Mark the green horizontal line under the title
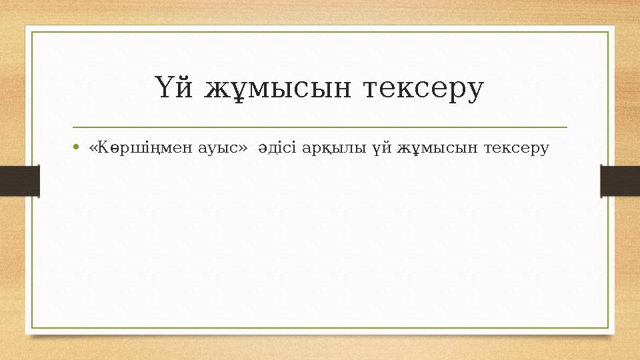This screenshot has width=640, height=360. (x=320, y=127)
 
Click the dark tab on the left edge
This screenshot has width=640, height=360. (x=19, y=181)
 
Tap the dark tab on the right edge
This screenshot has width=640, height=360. (x=620, y=181)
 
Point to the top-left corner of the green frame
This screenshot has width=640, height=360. (x=33, y=31)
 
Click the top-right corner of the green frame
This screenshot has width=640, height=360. (x=608, y=31)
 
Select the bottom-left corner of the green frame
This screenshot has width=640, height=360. (x=33, y=328)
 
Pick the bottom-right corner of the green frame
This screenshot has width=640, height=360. (x=608, y=328)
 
